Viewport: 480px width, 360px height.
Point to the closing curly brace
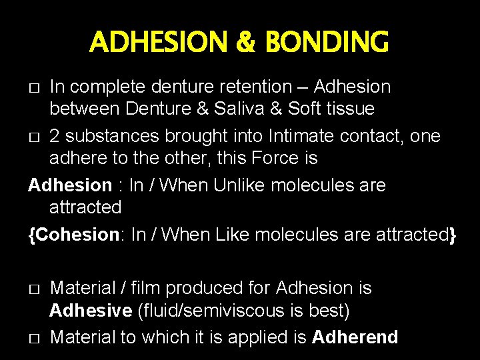pyautogui.click(x=453, y=235)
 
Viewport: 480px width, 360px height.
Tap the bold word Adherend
pyautogui.click(x=355, y=337)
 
